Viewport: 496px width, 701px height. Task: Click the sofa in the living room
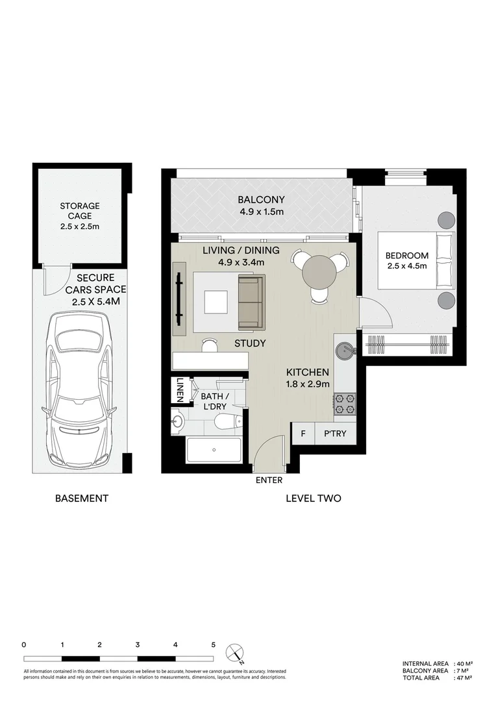point(251,302)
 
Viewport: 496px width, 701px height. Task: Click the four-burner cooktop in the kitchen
point(345,404)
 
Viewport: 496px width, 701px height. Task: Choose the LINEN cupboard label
point(180,391)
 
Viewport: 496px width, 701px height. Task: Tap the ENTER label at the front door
point(269,480)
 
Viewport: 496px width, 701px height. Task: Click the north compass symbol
point(234,652)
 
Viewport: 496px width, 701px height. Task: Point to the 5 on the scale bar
point(214,645)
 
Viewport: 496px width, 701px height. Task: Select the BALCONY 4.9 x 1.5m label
point(260,206)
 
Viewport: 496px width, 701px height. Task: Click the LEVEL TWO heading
point(314,498)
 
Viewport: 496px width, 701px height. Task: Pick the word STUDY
point(250,343)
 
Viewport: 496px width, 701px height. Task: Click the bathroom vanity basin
point(179,424)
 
